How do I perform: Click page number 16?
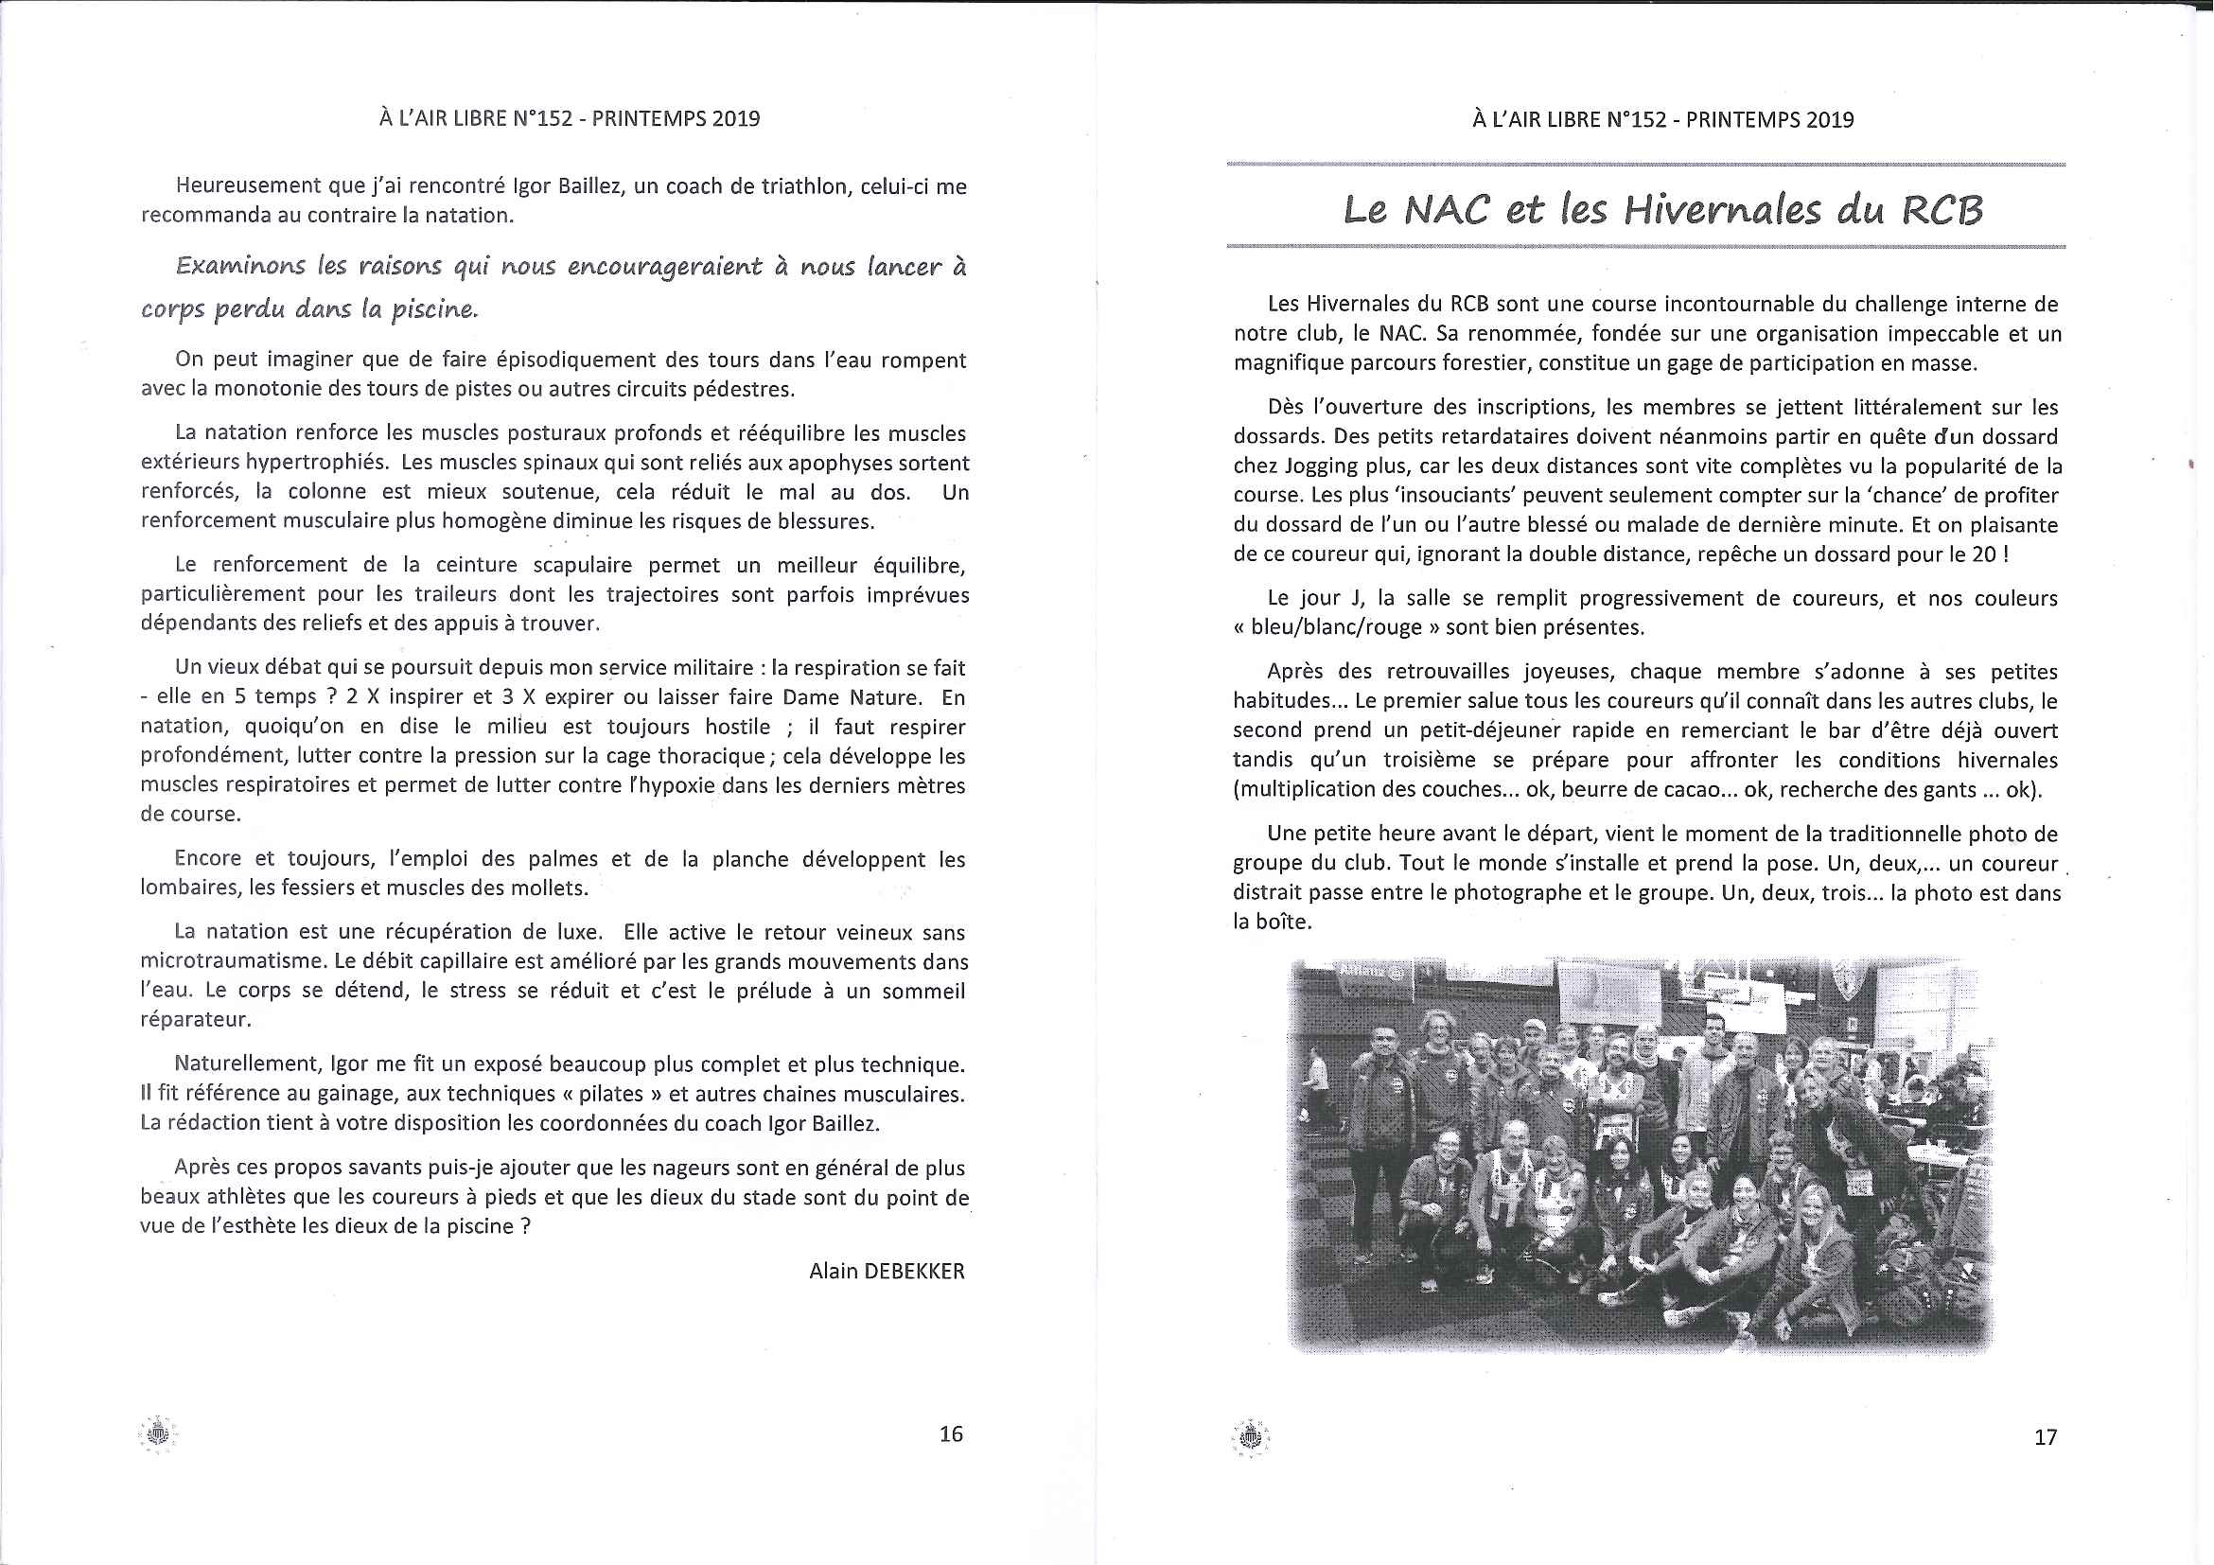(x=951, y=1433)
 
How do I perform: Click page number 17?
(x=2046, y=1436)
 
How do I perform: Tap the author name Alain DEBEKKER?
(x=887, y=1271)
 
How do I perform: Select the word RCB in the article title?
(x=1942, y=210)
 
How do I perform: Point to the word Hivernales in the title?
(x=1722, y=209)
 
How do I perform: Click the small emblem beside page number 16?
(x=157, y=1433)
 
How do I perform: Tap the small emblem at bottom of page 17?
(x=1250, y=1437)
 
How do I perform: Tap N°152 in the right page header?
(x=1636, y=119)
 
